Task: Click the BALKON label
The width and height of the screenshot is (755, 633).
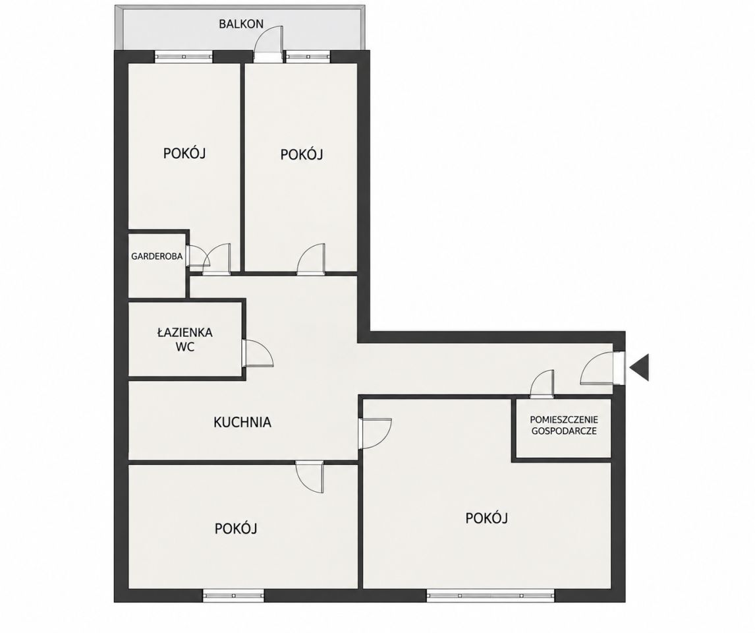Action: click(240, 24)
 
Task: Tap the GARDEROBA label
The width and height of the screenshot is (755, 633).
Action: click(157, 256)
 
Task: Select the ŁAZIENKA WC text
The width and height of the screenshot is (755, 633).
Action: click(185, 339)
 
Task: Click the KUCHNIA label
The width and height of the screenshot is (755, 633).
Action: click(242, 422)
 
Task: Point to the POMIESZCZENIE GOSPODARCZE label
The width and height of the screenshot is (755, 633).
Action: click(564, 425)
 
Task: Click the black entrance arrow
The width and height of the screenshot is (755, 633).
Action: click(640, 367)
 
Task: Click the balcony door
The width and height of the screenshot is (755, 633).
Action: click(269, 44)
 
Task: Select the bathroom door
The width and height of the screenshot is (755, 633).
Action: click(258, 353)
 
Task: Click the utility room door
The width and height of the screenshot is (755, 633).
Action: click(542, 384)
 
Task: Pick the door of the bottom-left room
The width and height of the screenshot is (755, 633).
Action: click(310, 476)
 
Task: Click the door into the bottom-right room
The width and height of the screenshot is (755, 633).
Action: click(376, 434)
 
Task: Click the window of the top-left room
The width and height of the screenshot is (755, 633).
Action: click(183, 56)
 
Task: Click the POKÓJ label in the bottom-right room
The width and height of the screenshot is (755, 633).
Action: click(487, 518)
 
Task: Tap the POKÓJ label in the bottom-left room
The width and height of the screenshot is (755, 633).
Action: click(236, 528)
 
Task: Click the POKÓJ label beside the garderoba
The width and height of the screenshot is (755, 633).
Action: click(184, 153)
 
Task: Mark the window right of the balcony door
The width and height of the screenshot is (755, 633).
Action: click(308, 56)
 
